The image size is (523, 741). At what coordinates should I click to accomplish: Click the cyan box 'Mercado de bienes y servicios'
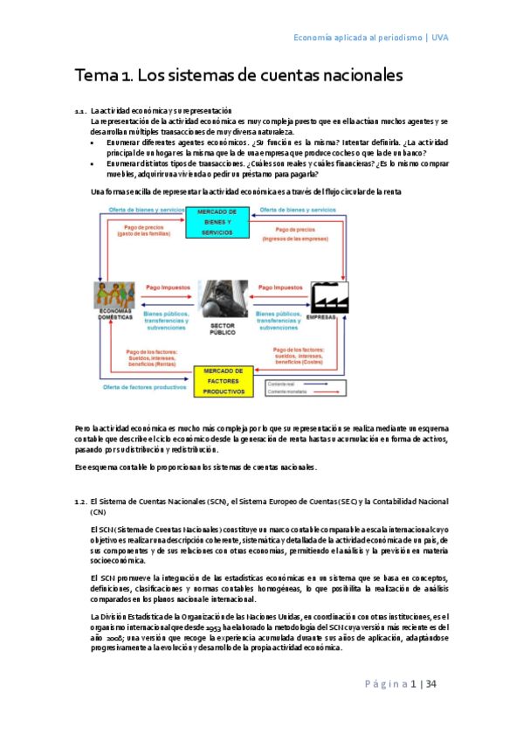(x=217, y=223)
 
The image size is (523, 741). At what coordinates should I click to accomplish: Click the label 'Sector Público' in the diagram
(x=223, y=329)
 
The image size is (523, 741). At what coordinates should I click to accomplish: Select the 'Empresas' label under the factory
(x=321, y=317)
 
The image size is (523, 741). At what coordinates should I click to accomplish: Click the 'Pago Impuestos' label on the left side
(x=166, y=286)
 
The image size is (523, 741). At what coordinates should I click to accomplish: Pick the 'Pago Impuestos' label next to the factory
(x=281, y=286)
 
